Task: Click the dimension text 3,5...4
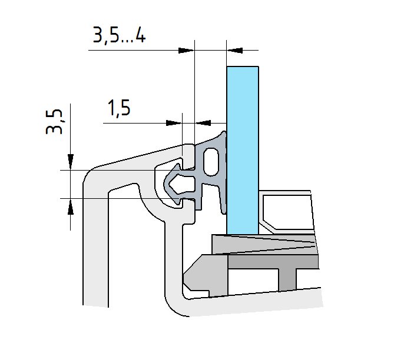point(119,35)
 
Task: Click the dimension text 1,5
point(119,108)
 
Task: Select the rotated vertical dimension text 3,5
point(54,122)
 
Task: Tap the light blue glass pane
point(243,150)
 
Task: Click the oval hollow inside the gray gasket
point(211,162)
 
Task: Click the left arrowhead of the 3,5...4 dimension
point(186,50)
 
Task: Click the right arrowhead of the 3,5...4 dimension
point(234,50)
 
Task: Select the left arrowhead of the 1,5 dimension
point(174,123)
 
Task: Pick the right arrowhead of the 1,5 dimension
point(203,123)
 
